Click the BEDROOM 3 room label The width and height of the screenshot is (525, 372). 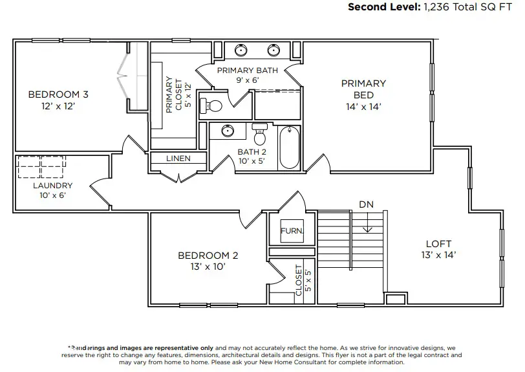pos(58,94)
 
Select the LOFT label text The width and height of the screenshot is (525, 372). pos(438,244)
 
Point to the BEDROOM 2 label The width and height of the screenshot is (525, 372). pos(208,256)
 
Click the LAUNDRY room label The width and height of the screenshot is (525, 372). pos(53,185)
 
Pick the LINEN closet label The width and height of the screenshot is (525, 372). pos(178,159)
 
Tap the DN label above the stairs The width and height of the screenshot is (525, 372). pos(366,204)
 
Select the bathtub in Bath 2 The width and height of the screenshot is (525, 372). pos(289,148)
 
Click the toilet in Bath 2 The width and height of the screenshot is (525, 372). pos(260,133)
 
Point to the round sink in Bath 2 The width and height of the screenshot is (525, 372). pos(228,131)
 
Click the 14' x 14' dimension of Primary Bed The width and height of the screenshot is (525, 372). pos(363,106)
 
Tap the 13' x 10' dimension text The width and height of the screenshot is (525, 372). pos(208,267)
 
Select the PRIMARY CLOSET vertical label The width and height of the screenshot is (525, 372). pos(178,95)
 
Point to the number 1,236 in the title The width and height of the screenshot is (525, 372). pos(438,7)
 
